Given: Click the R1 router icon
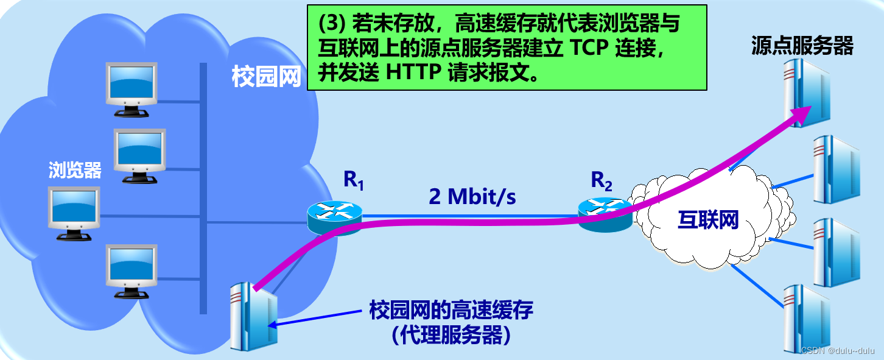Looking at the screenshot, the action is point(334,217).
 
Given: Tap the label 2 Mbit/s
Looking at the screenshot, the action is point(472,196).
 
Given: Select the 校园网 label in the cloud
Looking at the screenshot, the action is point(267,77).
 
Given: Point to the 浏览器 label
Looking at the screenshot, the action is point(75,170).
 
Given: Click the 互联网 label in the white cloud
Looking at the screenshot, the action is point(708,219).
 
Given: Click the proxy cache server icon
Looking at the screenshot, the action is point(251,317).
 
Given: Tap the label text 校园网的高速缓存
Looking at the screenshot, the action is point(451,311).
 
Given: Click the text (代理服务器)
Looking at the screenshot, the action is point(451,334).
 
